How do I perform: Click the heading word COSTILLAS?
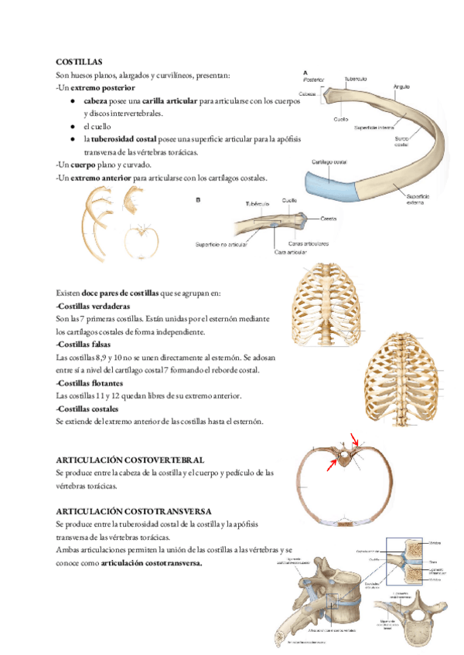click(80, 61)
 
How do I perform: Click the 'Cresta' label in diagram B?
click(329, 219)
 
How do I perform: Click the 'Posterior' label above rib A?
click(313, 80)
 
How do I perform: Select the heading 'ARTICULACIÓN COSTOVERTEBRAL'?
click(131, 459)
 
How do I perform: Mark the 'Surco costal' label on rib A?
click(401, 141)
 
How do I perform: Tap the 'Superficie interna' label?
click(376, 127)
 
